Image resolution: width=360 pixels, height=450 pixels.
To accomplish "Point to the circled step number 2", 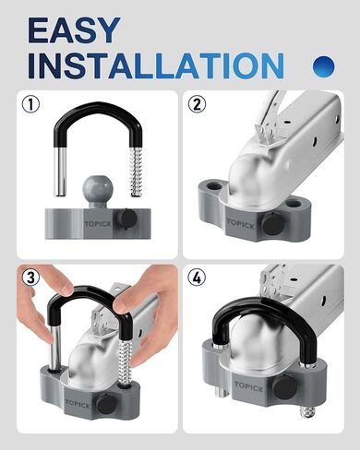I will click(198, 104).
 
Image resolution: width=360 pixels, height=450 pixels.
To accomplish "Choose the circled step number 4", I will click(198, 277).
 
